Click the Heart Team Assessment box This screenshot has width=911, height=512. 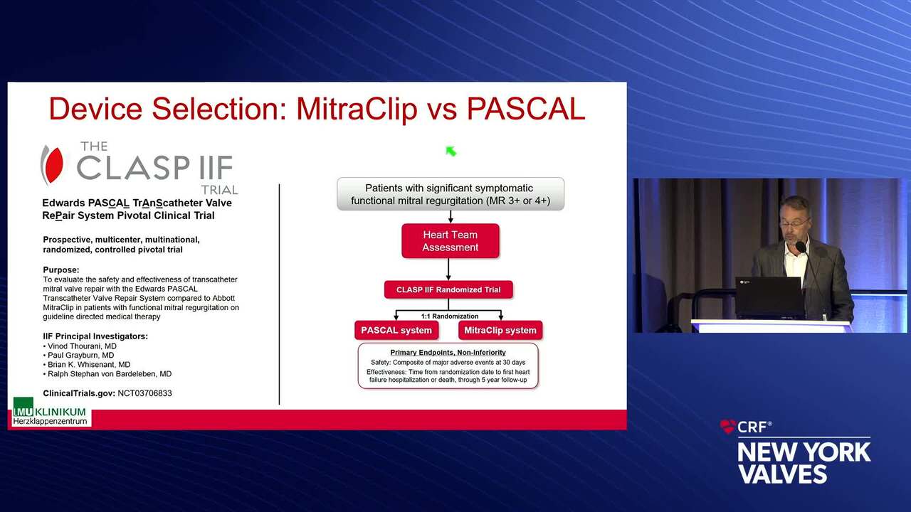tap(451, 241)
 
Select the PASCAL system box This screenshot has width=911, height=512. tap(396, 330)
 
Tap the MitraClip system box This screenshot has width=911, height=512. tap(500, 330)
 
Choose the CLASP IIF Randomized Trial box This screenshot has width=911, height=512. tap(448, 289)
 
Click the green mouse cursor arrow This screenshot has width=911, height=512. tap(451, 151)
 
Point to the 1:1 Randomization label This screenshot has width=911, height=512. tap(450, 316)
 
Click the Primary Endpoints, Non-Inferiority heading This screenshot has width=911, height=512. tap(448, 352)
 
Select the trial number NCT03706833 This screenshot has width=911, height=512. tap(144, 393)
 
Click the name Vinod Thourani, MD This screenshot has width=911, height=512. tap(82, 346)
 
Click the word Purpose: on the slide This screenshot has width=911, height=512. tap(61, 270)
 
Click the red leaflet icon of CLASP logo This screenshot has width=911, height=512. tap(53, 165)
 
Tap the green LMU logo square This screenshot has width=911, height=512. tap(23, 407)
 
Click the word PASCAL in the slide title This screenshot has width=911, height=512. tap(525, 109)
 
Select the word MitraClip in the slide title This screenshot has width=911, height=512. tap(357, 110)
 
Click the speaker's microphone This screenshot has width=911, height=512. tap(801, 247)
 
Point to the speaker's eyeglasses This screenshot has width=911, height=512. tap(794, 223)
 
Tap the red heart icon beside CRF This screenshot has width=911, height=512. tap(728, 426)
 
